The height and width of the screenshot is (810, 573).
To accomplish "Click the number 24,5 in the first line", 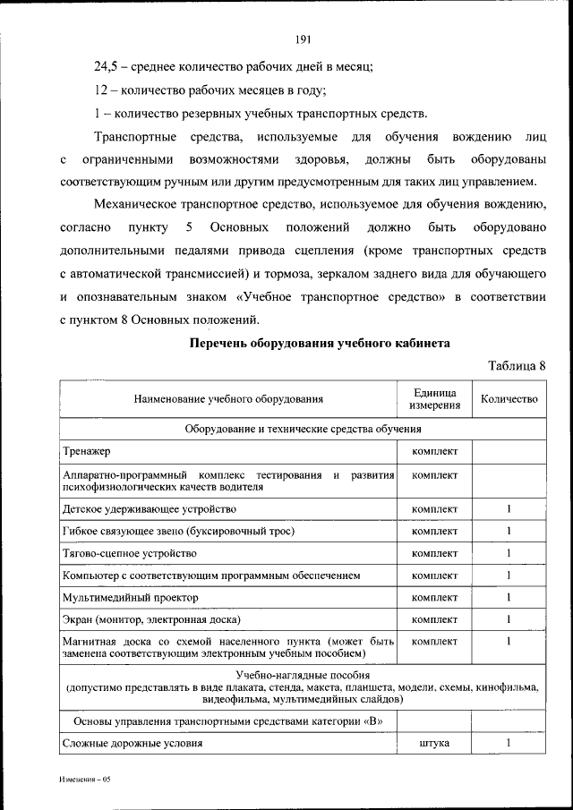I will point(108,66).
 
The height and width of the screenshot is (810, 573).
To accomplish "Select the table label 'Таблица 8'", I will point(516,365).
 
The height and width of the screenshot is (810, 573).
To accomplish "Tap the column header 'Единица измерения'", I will point(435,399).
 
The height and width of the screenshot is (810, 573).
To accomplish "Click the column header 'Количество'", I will point(509,399).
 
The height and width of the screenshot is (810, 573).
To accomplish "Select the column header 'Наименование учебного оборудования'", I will point(229,399).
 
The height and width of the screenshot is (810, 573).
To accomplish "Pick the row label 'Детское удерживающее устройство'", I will point(150,508).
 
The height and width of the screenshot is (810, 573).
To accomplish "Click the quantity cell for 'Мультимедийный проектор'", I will point(509,596).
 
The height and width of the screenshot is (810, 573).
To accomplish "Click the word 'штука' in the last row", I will point(435,743).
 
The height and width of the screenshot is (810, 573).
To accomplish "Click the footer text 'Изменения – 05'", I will point(85,780).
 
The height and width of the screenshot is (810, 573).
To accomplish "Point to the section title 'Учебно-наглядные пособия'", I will point(303,675).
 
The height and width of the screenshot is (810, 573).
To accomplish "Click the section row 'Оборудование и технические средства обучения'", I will point(303,429).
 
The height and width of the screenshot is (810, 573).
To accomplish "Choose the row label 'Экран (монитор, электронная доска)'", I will point(151,618).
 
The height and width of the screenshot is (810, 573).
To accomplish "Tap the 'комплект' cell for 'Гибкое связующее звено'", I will point(435,531).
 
